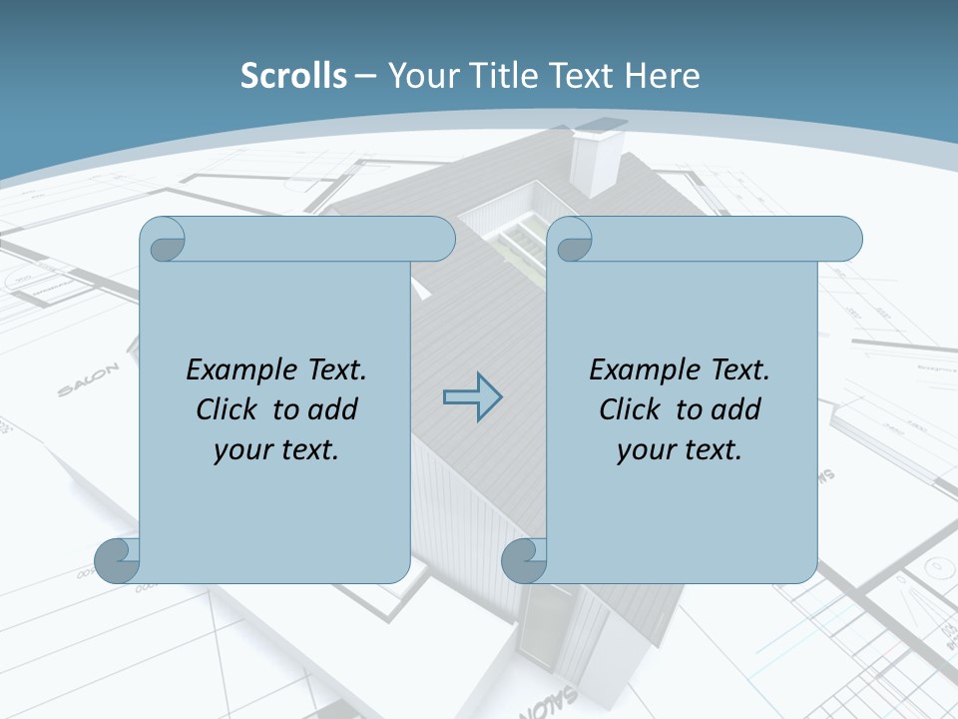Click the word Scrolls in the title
294,76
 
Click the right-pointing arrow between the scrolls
472,396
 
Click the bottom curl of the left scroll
117,560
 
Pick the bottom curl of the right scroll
524,560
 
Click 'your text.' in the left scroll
276,449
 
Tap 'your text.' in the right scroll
680,449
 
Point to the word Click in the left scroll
227,409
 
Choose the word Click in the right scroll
630,409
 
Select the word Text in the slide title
580,76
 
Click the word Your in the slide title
418,76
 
